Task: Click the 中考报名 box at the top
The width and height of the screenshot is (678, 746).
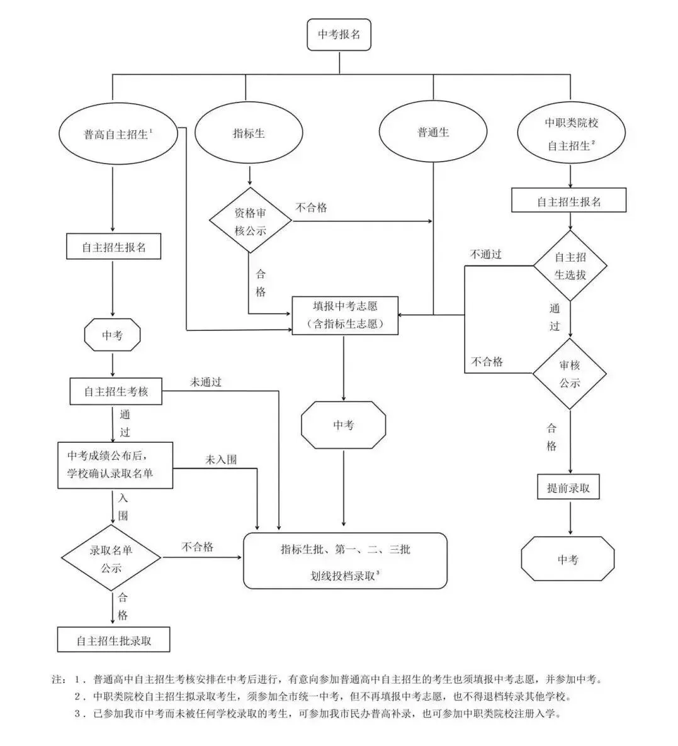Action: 339,35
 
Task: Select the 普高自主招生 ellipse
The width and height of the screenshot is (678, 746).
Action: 120,134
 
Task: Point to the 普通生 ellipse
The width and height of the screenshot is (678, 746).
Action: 433,133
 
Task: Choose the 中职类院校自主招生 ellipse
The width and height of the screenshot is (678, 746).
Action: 570,134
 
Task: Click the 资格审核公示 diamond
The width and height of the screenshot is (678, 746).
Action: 251,221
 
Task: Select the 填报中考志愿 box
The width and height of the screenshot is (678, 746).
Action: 345,315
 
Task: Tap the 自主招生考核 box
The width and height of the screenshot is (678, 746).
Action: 116,391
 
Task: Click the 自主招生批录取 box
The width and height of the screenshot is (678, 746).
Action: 114,641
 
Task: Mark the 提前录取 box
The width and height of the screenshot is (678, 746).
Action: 568,487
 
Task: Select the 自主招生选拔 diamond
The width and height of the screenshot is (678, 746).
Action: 570,266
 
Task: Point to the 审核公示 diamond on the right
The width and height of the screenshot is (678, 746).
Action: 570,374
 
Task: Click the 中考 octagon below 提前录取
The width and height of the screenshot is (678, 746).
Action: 567,559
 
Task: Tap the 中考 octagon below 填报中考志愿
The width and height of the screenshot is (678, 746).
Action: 344,425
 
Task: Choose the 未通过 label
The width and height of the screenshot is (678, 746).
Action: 206,382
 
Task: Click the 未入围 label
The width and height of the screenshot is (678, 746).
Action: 221,460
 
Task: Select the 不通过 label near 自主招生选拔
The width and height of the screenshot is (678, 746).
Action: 486,255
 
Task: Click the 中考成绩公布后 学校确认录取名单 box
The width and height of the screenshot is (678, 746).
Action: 111,465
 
